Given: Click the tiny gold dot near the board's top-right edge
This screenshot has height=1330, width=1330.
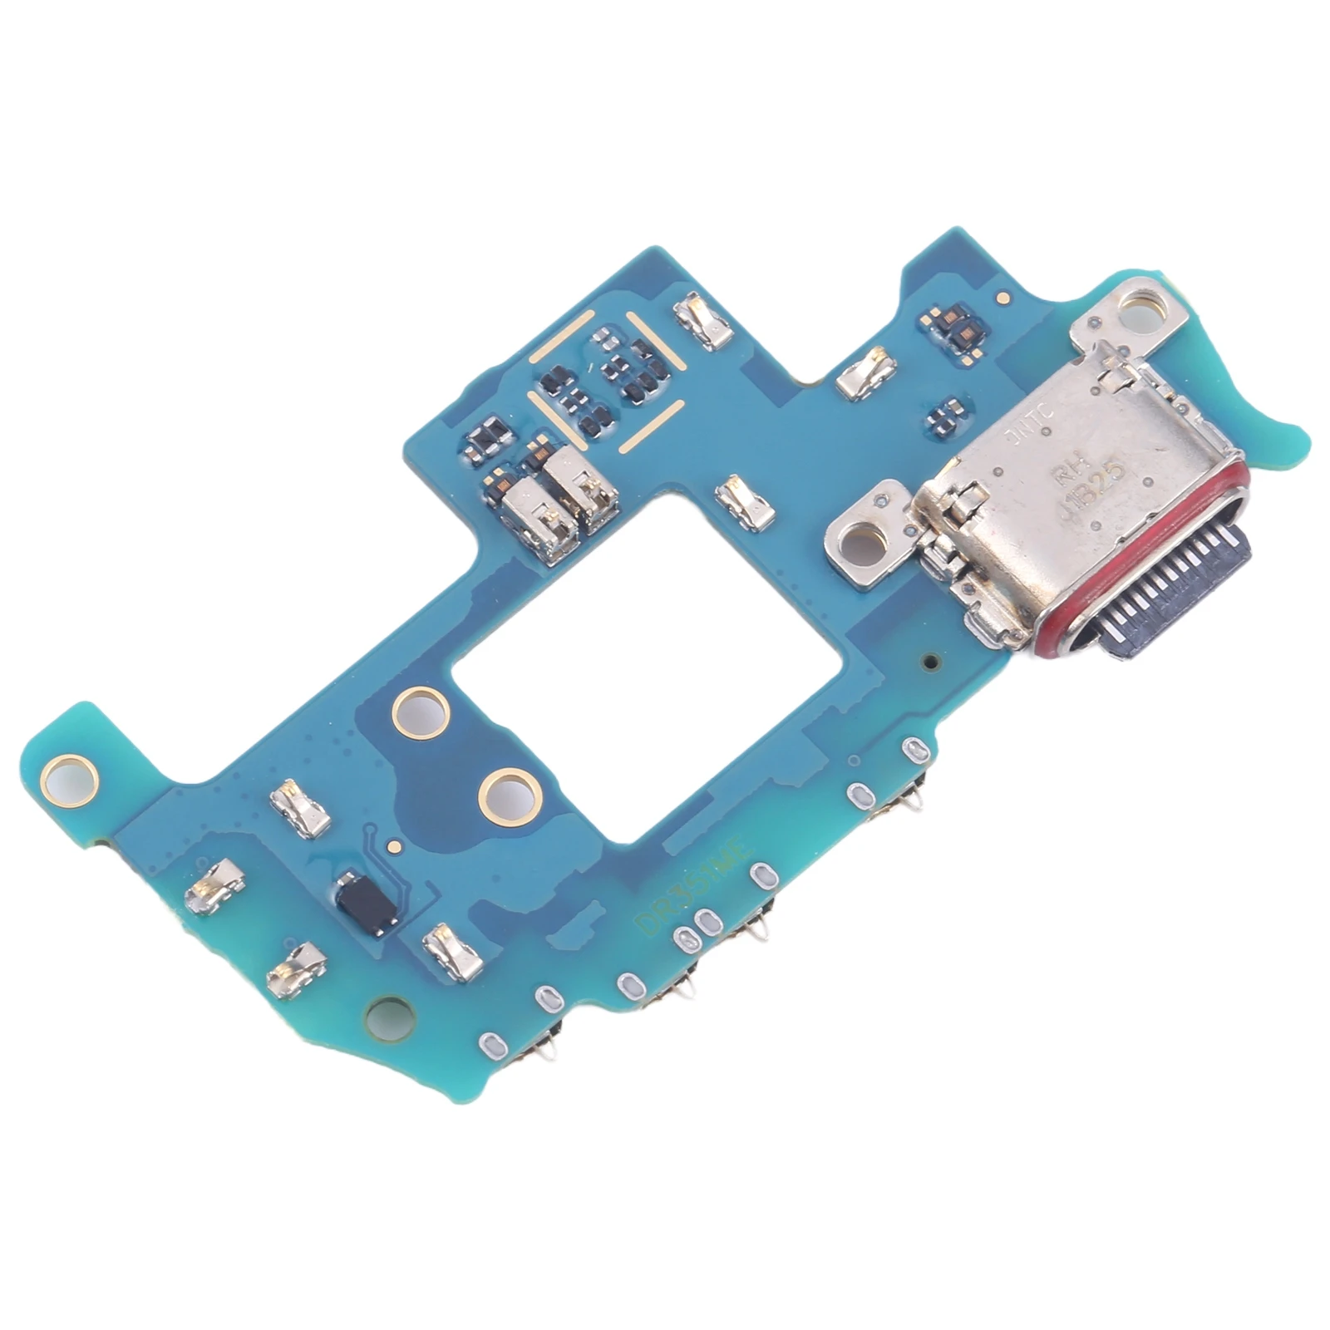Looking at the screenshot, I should pos(1004,295).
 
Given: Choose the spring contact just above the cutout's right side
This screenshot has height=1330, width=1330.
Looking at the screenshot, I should pos(738,499).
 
